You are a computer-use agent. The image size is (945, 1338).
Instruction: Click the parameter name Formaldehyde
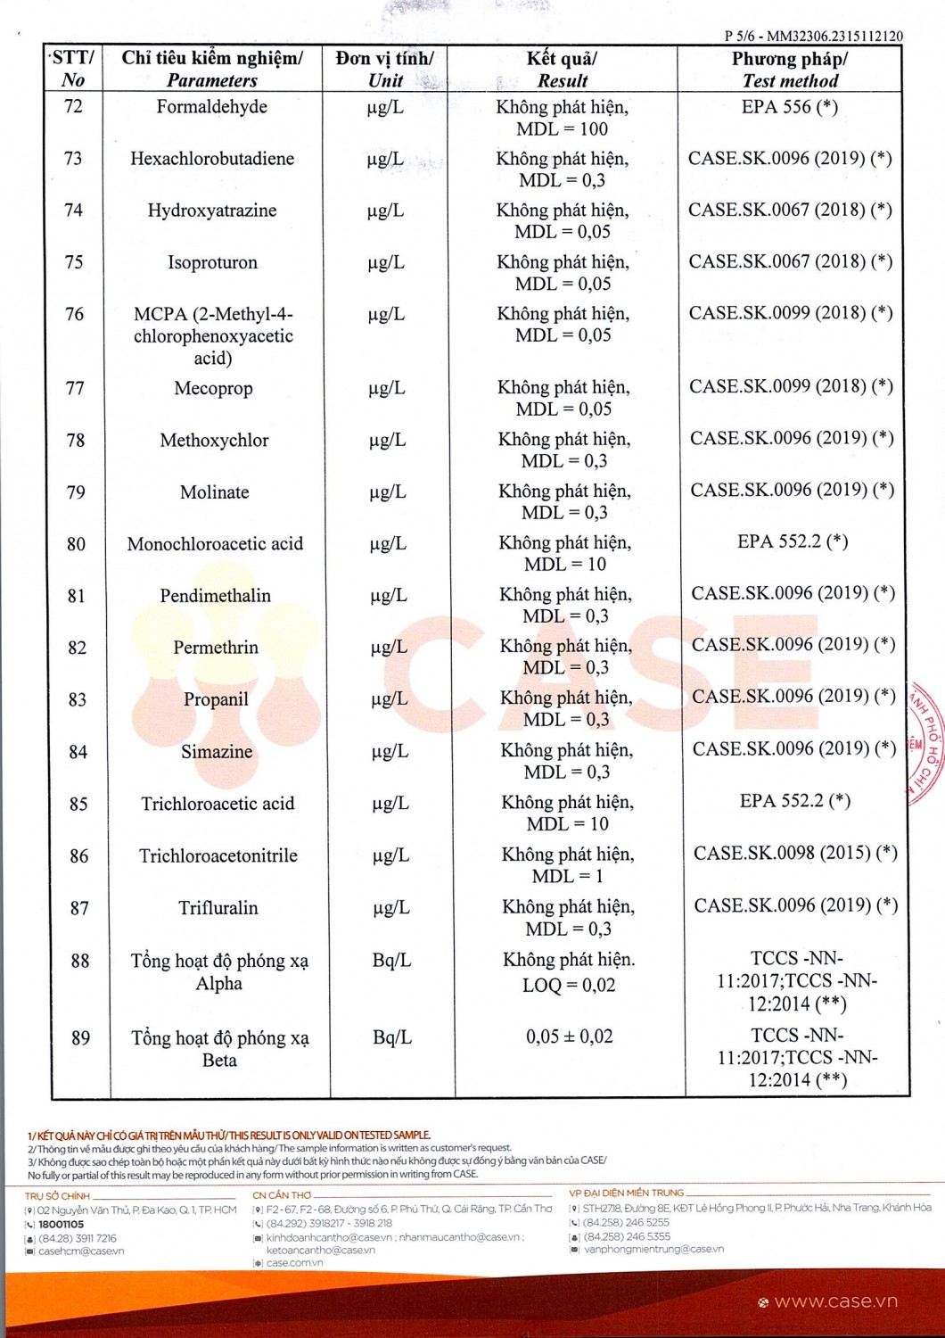point(211,107)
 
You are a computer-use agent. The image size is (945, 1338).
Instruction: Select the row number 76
point(74,314)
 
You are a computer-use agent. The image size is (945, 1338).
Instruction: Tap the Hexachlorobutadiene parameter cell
point(212,159)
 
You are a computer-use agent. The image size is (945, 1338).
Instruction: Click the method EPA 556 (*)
point(789,107)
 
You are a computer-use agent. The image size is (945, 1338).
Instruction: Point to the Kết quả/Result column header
point(562,70)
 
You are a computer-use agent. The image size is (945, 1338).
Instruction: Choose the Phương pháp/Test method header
point(790,70)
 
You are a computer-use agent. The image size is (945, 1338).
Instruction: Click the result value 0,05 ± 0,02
point(569,1037)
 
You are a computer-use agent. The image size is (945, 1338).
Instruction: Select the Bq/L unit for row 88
point(391,961)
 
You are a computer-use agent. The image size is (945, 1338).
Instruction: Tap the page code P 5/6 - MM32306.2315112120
point(813,37)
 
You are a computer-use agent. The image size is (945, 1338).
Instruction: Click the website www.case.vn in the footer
point(835,1301)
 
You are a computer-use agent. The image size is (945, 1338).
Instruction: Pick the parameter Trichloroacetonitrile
point(218,856)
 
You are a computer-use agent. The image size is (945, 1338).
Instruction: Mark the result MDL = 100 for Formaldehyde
point(562,129)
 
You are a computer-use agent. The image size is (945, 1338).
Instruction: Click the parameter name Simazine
point(217,752)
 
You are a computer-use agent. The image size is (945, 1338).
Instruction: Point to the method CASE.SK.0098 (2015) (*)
point(795,853)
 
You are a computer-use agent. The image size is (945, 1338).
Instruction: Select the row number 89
point(80,1037)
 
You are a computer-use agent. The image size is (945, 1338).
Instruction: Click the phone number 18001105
point(61,1225)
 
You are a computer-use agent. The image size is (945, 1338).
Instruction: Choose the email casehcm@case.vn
point(81,1251)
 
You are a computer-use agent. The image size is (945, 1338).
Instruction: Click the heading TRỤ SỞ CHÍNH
point(57,1196)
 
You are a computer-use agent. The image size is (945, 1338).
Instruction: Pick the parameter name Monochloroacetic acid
point(215,544)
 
